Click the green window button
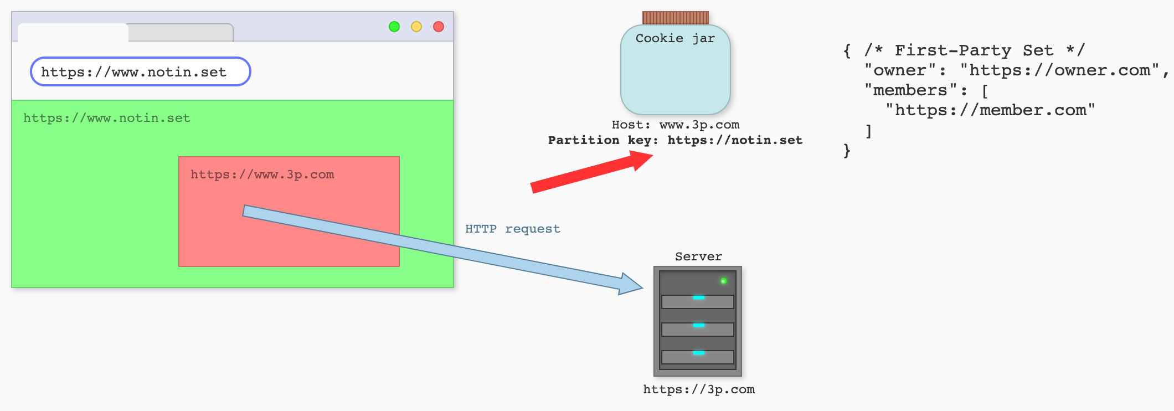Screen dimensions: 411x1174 tap(394, 27)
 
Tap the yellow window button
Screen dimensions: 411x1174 tap(416, 27)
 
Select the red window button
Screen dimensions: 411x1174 tap(439, 27)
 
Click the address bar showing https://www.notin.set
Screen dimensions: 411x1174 tap(141, 72)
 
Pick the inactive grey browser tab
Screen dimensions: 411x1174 tap(181, 33)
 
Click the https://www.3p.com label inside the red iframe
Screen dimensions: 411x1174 tap(262, 175)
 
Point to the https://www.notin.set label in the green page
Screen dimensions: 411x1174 tap(107, 118)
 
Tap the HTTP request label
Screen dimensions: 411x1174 tap(513, 229)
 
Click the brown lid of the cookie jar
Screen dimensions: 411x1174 tap(676, 18)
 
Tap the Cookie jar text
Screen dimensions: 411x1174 tap(675, 38)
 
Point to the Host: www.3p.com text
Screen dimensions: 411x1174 tap(676, 125)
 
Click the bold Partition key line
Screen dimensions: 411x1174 tap(676, 140)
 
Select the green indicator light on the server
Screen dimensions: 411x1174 tap(723, 281)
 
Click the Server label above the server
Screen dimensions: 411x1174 tap(698, 256)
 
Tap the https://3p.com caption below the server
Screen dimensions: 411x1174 tap(699, 389)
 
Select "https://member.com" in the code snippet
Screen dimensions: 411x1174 tap(990, 110)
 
